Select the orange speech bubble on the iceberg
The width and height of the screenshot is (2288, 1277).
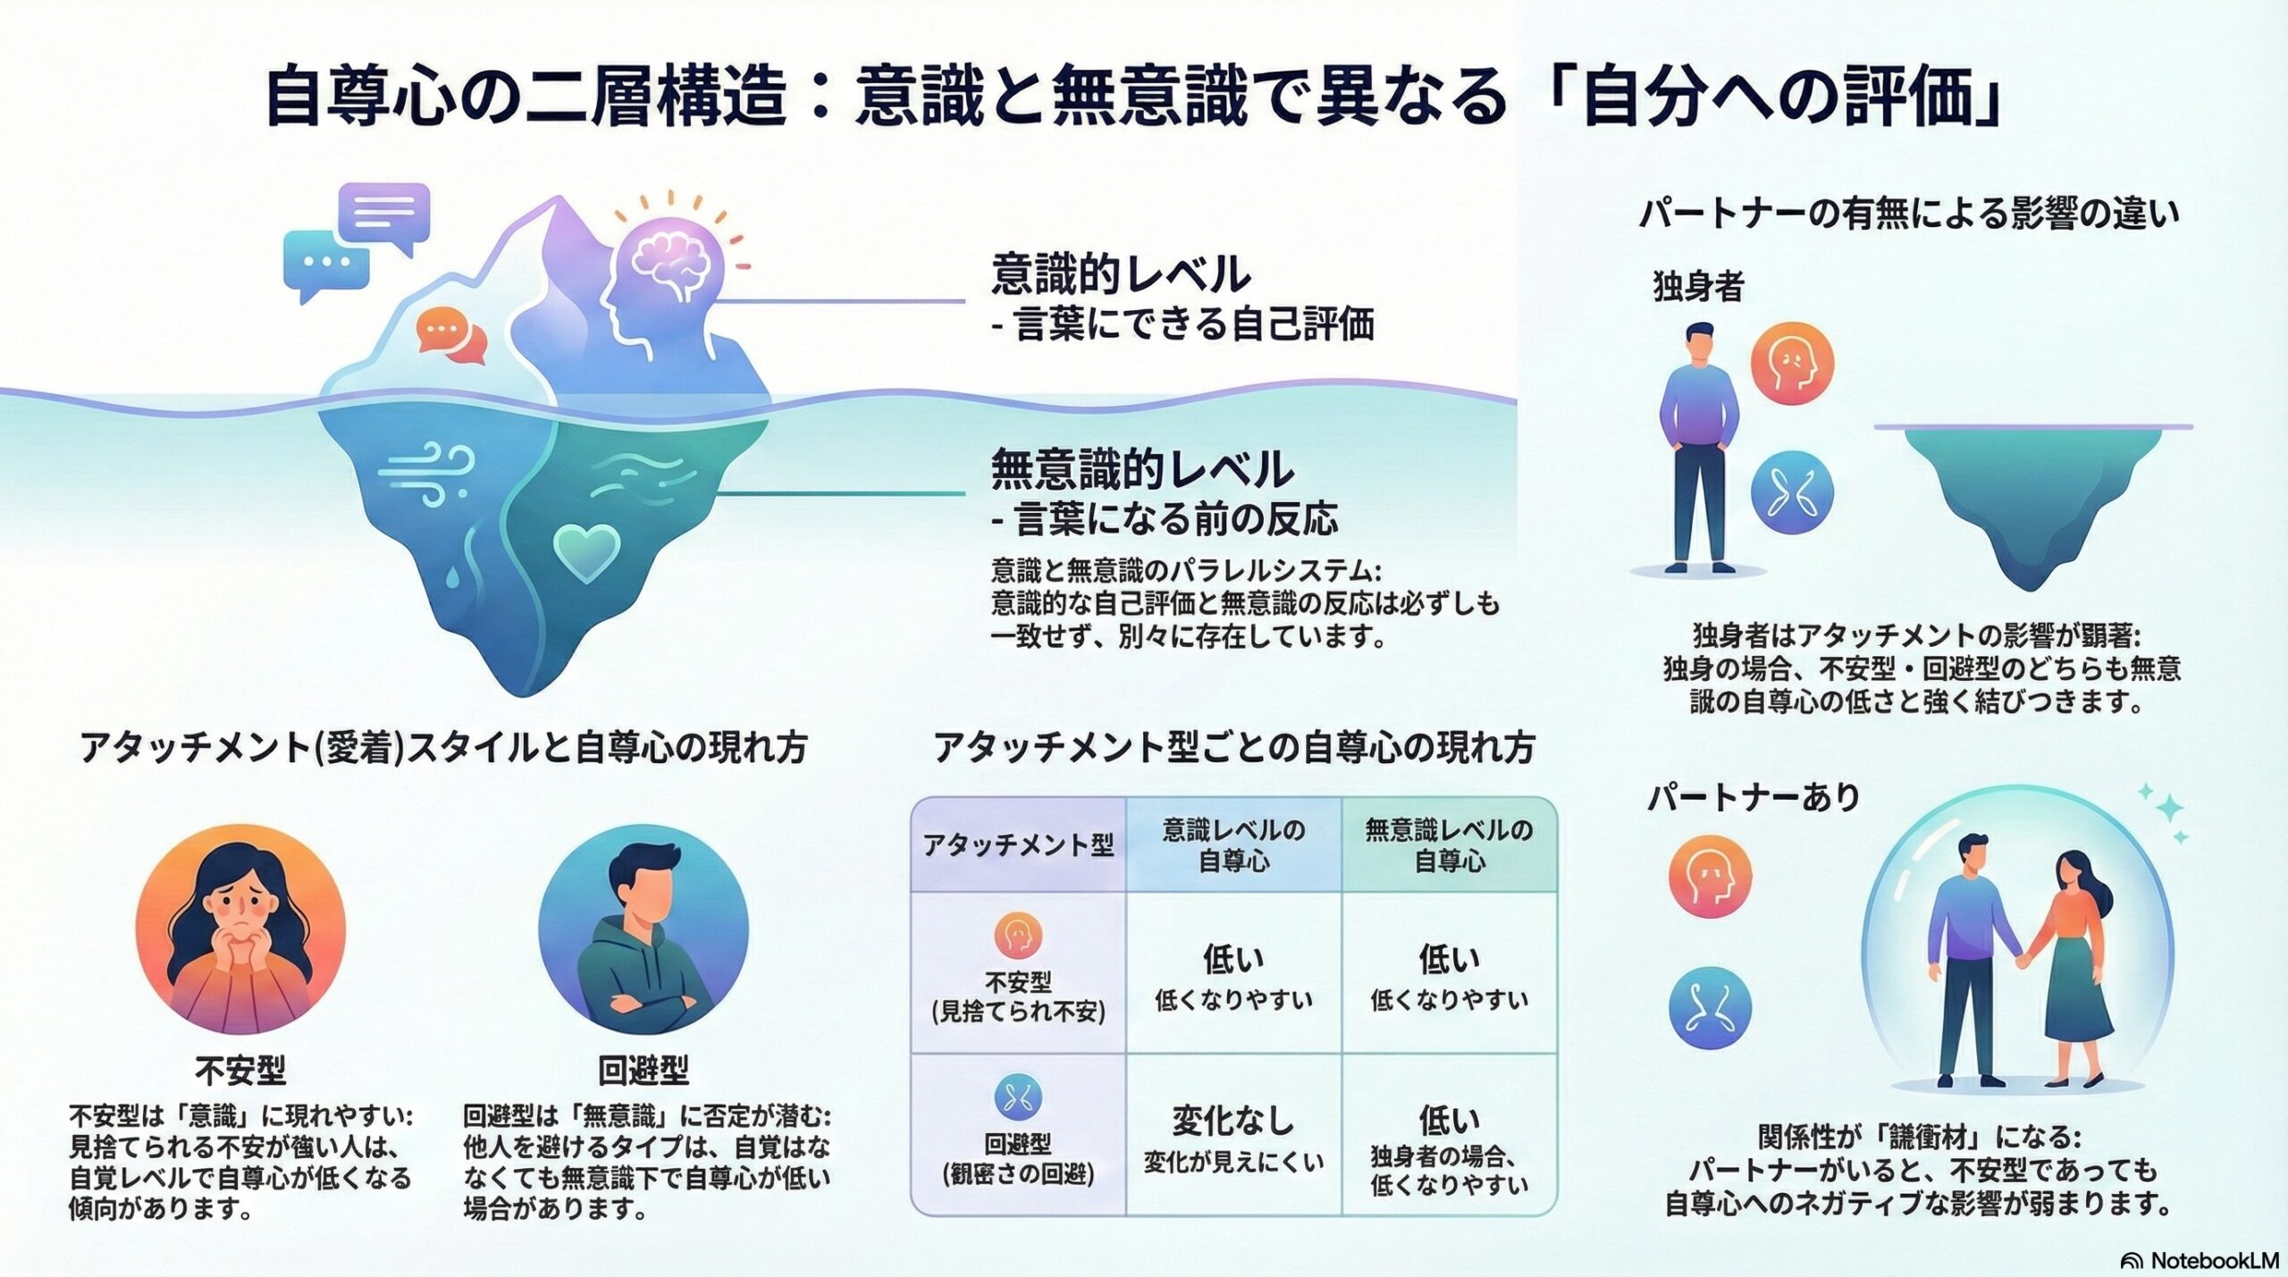pyautogui.click(x=451, y=336)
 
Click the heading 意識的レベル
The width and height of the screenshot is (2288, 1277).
pyautogui.click(x=1121, y=274)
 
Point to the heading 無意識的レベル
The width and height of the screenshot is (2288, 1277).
pyautogui.click(x=1142, y=470)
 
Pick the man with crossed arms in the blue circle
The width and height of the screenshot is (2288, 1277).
pyautogui.click(x=643, y=929)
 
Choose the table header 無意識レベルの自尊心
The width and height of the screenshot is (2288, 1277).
pyautogui.click(x=1449, y=845)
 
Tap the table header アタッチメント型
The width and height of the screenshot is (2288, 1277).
pyautogui.click(x=1018, y=845)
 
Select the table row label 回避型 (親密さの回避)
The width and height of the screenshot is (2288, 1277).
pyautogui.click(x=1018, y=1157)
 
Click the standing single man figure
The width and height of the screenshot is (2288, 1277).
pyautogui.click(x=1699, y=447)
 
